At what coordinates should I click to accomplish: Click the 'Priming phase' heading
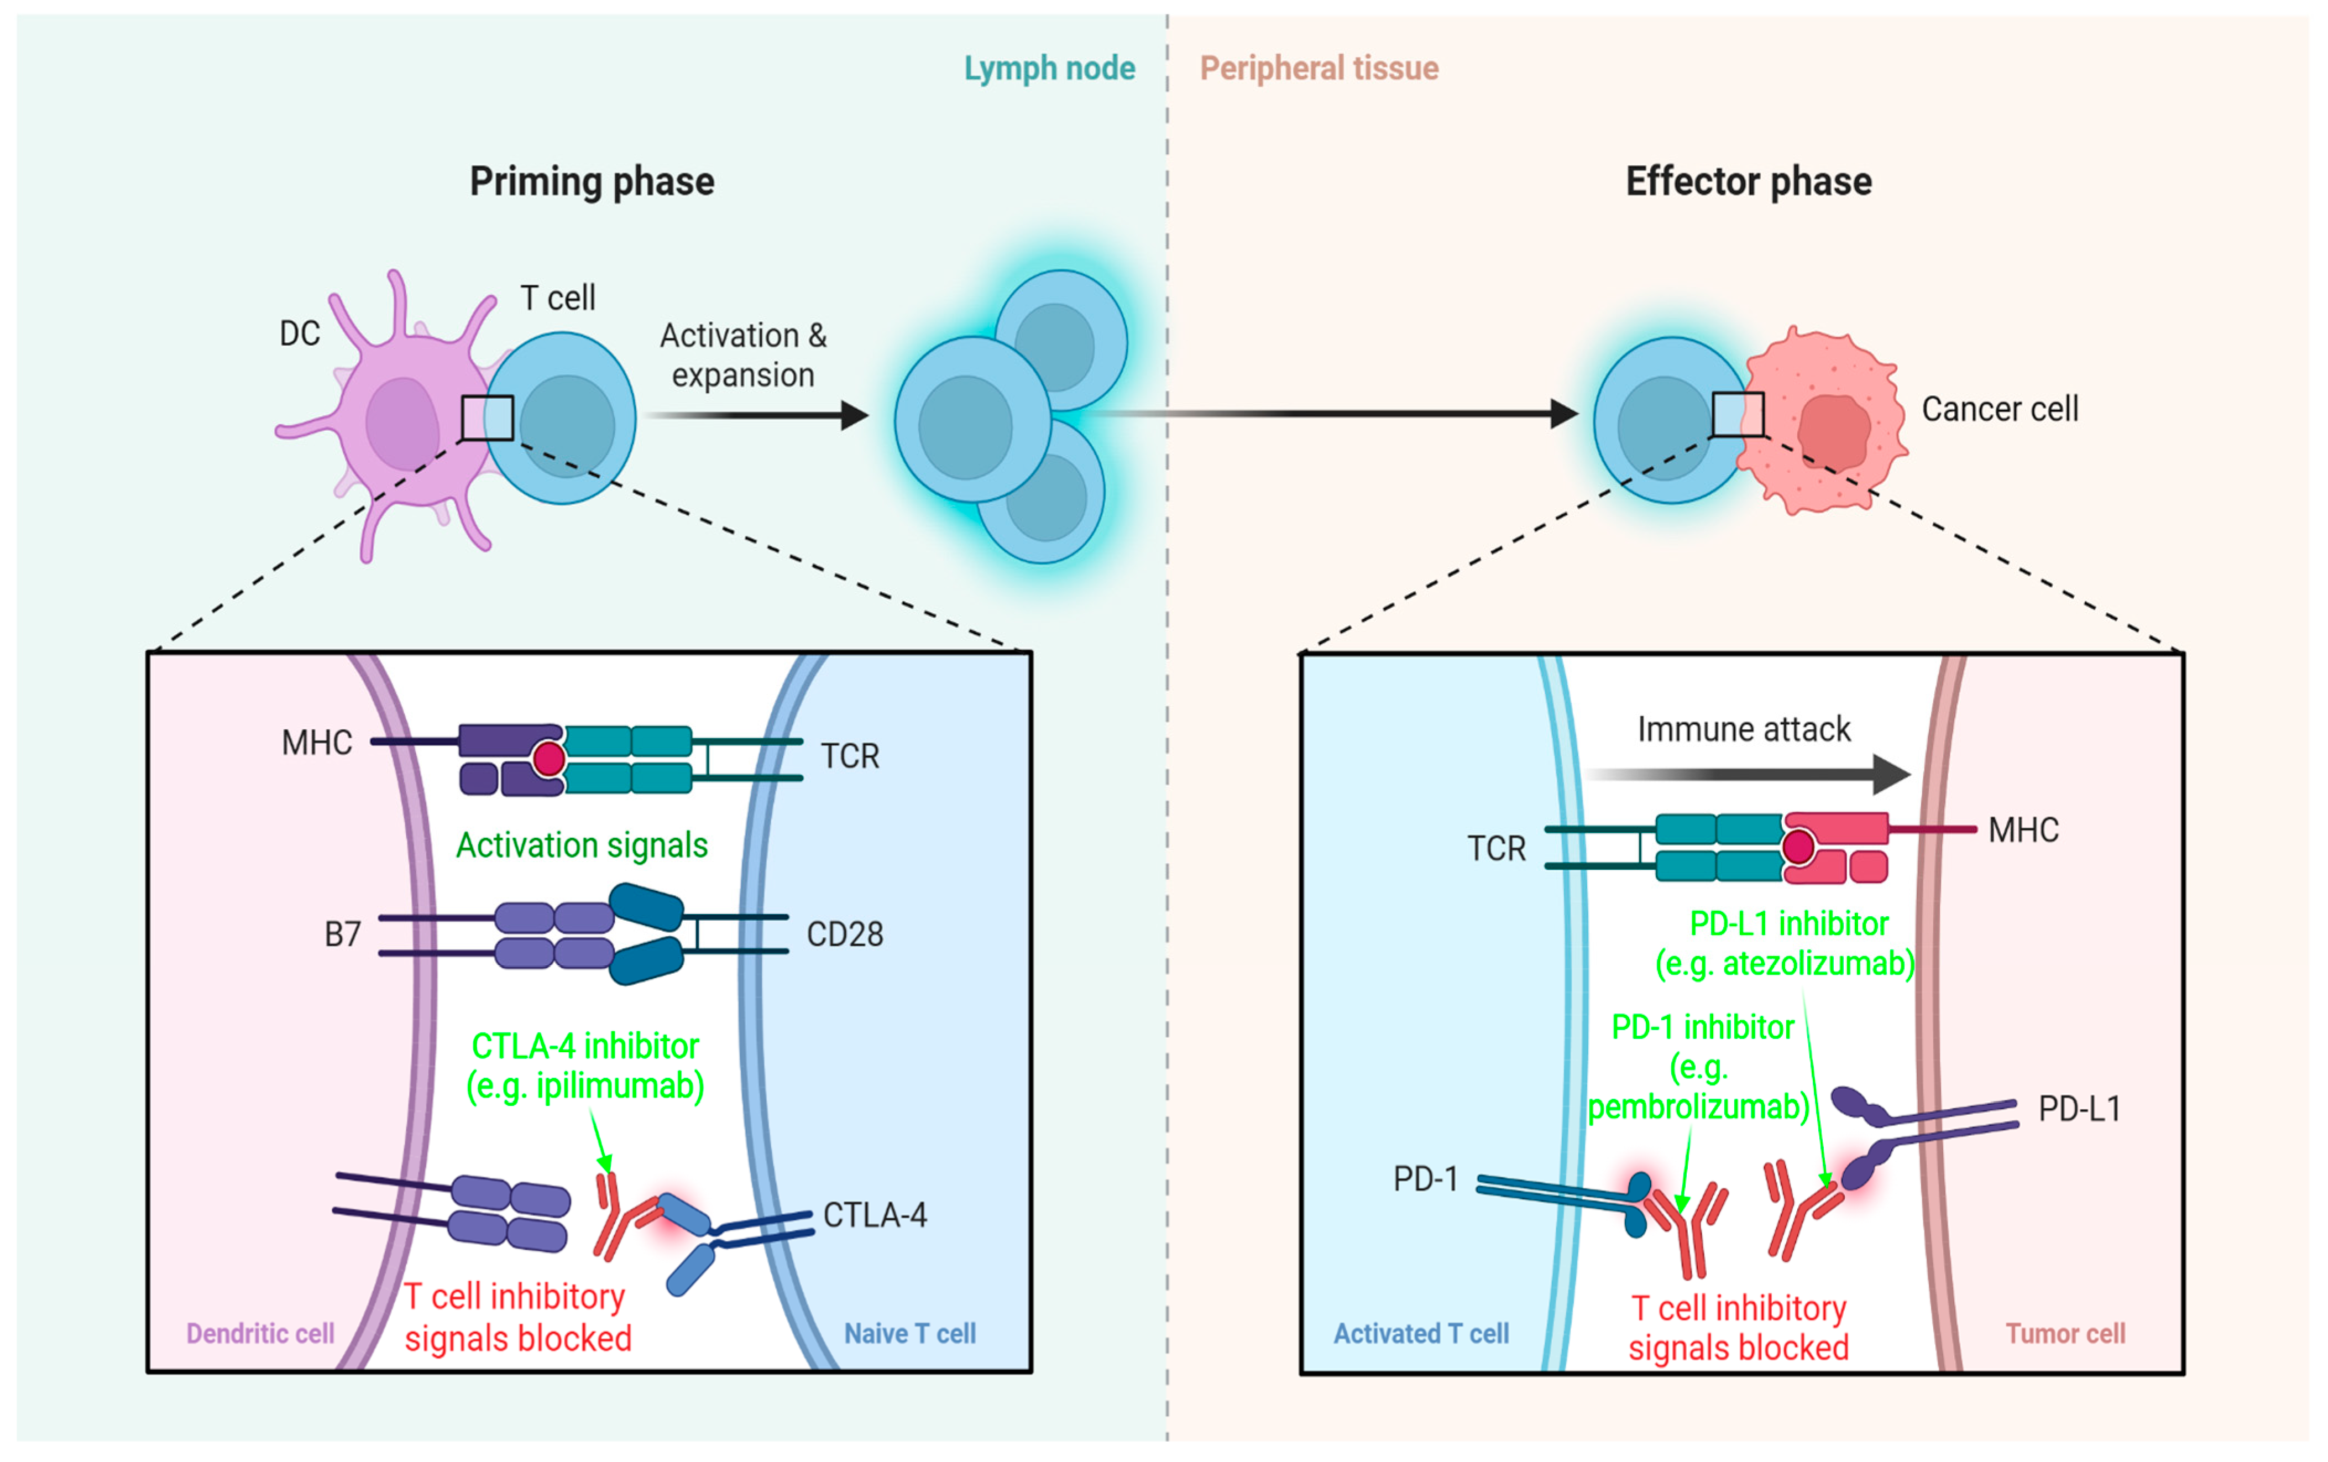tap(592, 182)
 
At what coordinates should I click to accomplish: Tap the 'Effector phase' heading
tap(1748, 182)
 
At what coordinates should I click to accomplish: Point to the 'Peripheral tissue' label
tap(1319, 69)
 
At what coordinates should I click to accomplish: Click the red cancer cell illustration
tap(1822, 421)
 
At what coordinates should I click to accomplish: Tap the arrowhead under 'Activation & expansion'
tap(855, 416)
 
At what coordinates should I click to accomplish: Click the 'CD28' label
tap(844, 934)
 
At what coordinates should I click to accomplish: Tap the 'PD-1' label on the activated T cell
tap(1425, 1179)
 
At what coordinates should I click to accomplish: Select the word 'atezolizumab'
tap(1811, 964)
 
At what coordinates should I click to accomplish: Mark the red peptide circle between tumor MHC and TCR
tap(1798, 847)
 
